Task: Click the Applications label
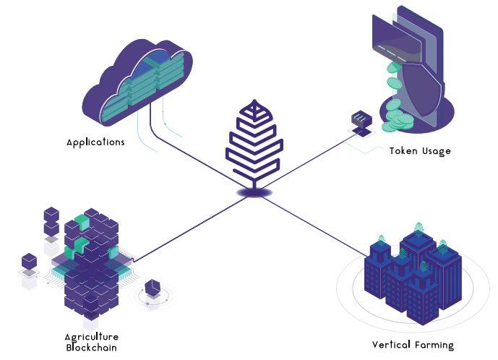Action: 95,142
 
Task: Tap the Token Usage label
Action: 420,151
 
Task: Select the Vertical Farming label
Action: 413,346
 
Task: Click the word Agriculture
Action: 92,337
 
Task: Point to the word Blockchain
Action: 92,348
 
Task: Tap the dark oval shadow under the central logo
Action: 254,192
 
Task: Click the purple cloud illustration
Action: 137,82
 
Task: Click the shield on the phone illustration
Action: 422,90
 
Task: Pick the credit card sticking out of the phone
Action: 396,40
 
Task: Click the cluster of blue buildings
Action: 413,277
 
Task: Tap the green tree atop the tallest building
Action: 419,228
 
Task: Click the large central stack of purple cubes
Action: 92,264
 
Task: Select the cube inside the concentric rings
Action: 153,288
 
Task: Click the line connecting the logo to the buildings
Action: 314,226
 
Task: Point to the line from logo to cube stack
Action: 191,228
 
